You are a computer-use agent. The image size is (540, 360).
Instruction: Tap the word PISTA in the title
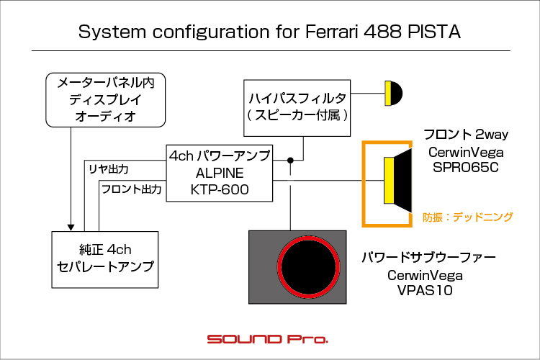click(434, 32)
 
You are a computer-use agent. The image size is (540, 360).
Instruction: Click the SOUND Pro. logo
click(267, 339)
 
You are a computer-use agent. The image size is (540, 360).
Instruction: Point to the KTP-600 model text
click(220, 189)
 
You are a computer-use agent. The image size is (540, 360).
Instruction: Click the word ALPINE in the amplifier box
click(220, 173)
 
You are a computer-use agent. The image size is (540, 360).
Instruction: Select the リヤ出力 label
click(109, 169)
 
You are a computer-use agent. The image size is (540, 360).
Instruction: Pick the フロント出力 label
click(131, 189)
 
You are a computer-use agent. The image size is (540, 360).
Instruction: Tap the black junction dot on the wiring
click(290, 160)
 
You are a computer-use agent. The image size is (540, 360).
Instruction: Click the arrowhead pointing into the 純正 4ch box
click(71, 228)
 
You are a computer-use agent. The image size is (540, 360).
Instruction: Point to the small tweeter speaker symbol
click(393, 94)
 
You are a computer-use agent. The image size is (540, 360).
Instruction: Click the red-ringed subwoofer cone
click(308, 267)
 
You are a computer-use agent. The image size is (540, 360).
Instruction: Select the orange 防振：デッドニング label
click(467, 217)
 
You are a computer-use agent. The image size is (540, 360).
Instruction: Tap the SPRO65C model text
click(466, 168)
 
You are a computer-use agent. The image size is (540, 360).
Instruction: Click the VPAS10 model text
click(425, 290)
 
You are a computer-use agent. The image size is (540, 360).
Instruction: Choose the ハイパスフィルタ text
click(297, 99)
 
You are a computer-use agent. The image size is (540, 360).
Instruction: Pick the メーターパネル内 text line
click(105, 83)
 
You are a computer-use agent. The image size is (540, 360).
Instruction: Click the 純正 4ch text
click(105, 249)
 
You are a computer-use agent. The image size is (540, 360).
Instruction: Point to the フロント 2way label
click(466, 135)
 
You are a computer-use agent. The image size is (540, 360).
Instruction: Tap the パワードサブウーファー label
click(428, 257)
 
